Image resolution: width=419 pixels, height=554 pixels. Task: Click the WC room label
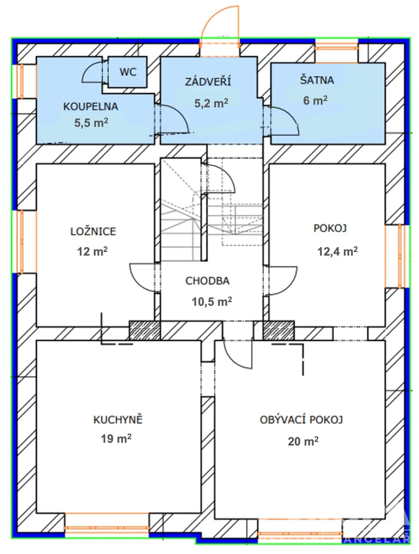128,72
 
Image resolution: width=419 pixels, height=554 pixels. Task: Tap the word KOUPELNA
90,106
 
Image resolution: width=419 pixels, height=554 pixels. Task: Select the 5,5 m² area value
91,123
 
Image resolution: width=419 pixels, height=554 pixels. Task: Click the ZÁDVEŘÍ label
208,81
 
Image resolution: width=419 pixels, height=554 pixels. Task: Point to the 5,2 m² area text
211,103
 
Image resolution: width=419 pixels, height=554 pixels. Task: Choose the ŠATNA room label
317,80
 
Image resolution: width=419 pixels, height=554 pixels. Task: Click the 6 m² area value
315,101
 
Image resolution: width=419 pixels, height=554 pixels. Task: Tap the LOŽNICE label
93,231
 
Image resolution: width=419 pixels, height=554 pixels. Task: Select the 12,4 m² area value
338,251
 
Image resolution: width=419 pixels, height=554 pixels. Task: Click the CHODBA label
207,281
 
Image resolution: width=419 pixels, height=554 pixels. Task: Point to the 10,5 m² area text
212,302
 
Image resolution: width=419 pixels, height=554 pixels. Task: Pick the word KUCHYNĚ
118,419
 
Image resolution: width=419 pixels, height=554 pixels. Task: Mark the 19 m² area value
116,439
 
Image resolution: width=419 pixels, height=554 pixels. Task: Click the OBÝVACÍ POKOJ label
302,419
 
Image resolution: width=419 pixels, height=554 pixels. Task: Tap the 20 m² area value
303,441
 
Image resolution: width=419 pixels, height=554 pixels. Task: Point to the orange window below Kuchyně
106,527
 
